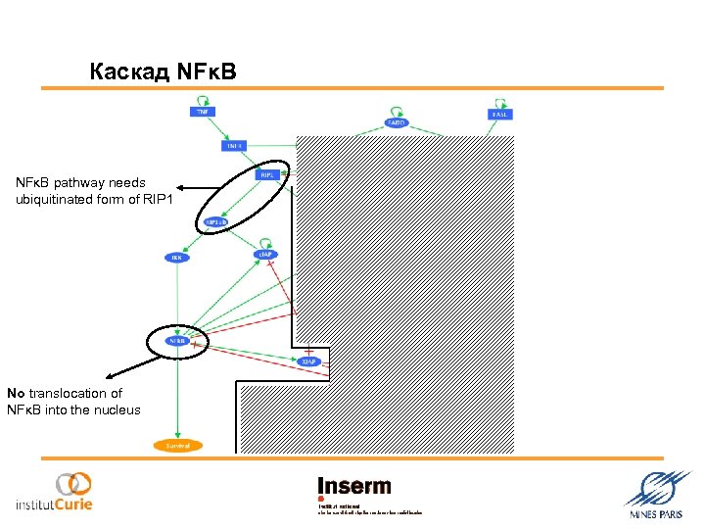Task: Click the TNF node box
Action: (x=202, y=113)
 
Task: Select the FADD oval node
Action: (x=397, y=122)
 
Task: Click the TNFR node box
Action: (x=234, y=146)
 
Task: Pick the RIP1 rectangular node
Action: (x=267, y=174)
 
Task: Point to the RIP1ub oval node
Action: (x=216, y=222)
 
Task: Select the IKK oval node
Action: (x=177, y=258)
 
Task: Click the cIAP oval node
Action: (x=265, y=255)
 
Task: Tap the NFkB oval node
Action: (x=177, y=341)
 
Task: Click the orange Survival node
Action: (x=177, y=446)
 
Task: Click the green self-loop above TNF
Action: (x=203, y=99)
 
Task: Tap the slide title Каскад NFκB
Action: (x=162, y=72)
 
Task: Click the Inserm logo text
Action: (x=353, y=487)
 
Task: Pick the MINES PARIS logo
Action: (x=655, y=494)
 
